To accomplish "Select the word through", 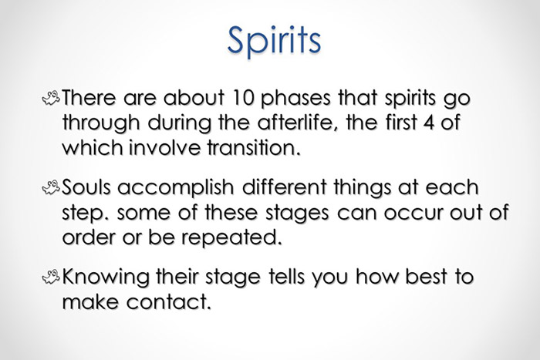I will tap(102, 125).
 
